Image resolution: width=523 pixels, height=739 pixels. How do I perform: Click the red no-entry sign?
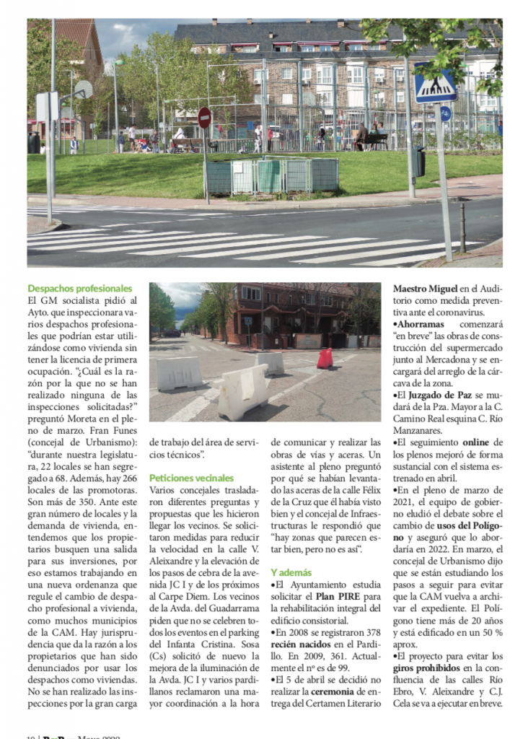[x=205, y=118]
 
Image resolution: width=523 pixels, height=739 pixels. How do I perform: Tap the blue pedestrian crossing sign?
[x=436, y=86]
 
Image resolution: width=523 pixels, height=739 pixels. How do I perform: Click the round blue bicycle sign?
[x=445, y=113]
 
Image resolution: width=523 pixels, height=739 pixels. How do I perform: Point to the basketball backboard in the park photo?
[x=84, y=89]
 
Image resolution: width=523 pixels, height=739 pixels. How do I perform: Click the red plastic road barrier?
[x=325, y=359]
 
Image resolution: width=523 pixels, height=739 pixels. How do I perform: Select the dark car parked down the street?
[x=171, y=333]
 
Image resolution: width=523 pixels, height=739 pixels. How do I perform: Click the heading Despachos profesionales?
[x=80, y=288]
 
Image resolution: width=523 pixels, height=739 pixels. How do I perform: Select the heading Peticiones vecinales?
[x=191, y=478]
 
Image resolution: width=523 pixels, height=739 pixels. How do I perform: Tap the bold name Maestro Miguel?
[x=430, y=288]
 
